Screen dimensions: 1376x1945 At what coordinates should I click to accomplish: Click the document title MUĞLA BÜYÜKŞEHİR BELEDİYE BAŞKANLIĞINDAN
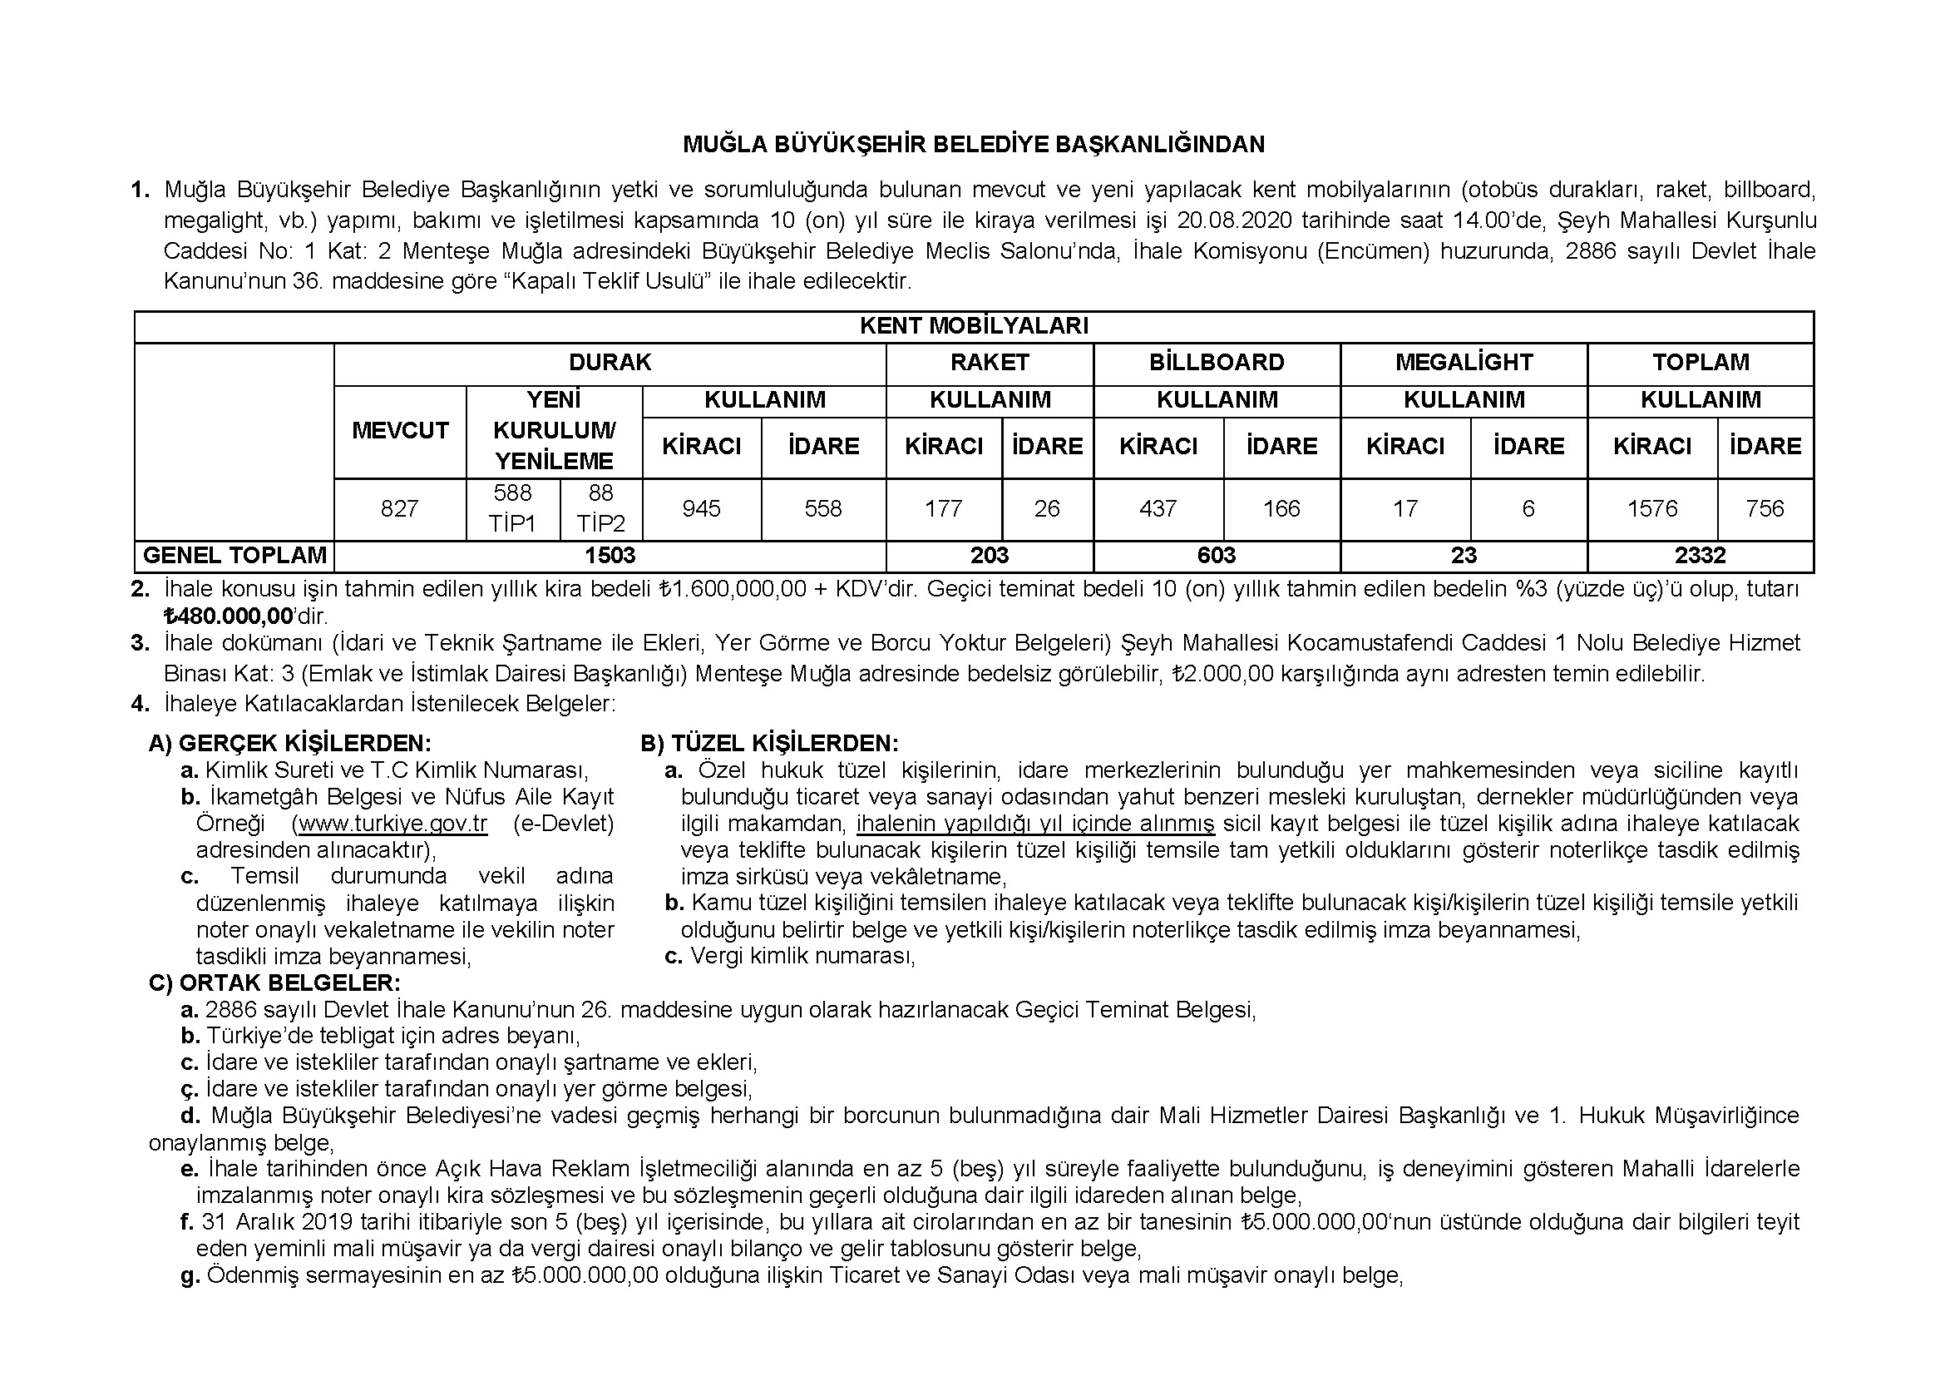coord(974,145)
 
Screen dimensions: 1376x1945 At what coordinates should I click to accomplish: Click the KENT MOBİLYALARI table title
coord(974,326)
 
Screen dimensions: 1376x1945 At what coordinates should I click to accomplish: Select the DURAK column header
coord(609,363)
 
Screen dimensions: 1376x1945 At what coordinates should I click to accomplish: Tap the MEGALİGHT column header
coord(1463,363)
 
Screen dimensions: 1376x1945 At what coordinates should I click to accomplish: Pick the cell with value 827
coord(399,508)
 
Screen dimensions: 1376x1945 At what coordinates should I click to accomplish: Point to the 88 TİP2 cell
coord(600,508)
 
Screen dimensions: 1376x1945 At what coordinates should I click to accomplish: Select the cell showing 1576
coord(1652,508)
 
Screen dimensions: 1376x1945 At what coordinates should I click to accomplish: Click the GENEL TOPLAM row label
coord(234,556)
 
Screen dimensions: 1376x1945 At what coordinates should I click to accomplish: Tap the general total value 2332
coord(1700,556)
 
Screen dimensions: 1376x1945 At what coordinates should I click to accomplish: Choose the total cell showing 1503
coord(609,556)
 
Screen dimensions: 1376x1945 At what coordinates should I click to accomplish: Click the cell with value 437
coord(1158,508)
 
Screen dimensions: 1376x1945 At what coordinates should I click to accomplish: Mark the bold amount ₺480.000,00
coord(229,616)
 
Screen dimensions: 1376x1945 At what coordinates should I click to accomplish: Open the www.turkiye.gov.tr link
coord(393,824)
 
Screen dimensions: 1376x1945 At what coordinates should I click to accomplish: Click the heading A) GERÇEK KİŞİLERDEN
coord(289,744)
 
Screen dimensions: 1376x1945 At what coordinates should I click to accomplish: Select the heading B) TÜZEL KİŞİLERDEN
coord(769,744)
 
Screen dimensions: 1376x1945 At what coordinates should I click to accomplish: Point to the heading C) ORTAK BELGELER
coord(274,983)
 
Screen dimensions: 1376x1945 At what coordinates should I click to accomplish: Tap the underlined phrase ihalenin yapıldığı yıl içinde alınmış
coord(1035,824)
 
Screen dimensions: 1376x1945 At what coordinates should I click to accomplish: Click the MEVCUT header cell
coord(399,430)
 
